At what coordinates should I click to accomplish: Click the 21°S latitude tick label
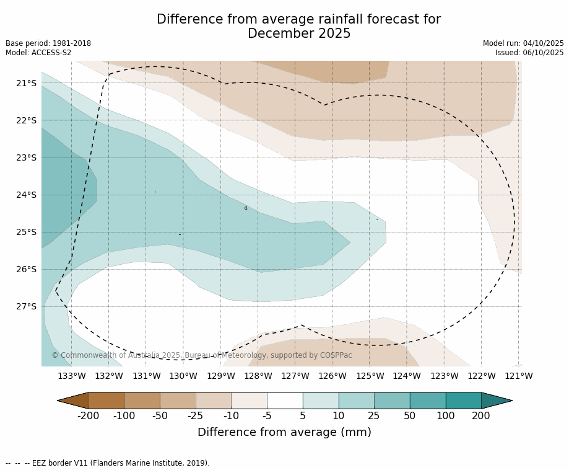pos(26,83)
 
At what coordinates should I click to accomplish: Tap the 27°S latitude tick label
pos(26,306)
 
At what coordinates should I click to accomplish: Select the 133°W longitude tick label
pos(72,376)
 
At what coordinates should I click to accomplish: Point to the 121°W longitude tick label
pos(519,376)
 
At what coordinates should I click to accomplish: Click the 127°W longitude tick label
pos(295,376)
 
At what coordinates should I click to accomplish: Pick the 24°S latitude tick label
pos(26,195)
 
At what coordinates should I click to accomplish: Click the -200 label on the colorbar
pos(89,415)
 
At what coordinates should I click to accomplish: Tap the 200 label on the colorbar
pos(481,415)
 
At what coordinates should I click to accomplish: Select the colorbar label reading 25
pos(374,415)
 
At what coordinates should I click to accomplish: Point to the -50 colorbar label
pos(160,415)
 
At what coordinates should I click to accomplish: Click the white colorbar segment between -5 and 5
pos(285,401)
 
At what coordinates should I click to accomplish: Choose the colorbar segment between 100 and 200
pos(463,401)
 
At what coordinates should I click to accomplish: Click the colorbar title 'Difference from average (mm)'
pos(284,432)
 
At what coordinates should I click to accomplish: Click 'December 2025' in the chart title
pos(299,33)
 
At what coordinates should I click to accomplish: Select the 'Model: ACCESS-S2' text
pos(38,53)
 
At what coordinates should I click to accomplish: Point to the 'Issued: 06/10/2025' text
pos(529,53)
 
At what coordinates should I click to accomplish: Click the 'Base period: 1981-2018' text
pos(48,43)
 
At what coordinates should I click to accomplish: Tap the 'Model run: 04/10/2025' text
pos(523,43)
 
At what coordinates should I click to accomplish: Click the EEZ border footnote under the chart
pos(107,463)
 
